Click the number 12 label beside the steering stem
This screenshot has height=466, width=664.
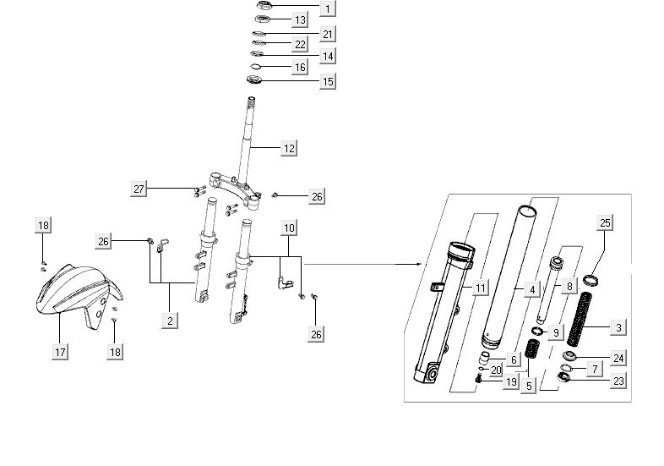[288, 148]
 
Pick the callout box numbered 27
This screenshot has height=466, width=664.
[139, 189]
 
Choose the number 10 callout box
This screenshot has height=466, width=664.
[289, 228]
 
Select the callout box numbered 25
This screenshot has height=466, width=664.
[604, 223]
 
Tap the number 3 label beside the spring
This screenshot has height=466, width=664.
[618, 327]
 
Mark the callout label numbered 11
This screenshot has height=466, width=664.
[480, 288]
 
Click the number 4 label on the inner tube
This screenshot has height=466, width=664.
[532, 289]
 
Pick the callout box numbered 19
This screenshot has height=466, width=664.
[511, 382]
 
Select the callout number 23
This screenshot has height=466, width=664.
[618, 381]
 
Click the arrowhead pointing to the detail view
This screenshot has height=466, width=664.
[418, 264]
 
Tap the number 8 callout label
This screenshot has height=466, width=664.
[569, 287]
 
